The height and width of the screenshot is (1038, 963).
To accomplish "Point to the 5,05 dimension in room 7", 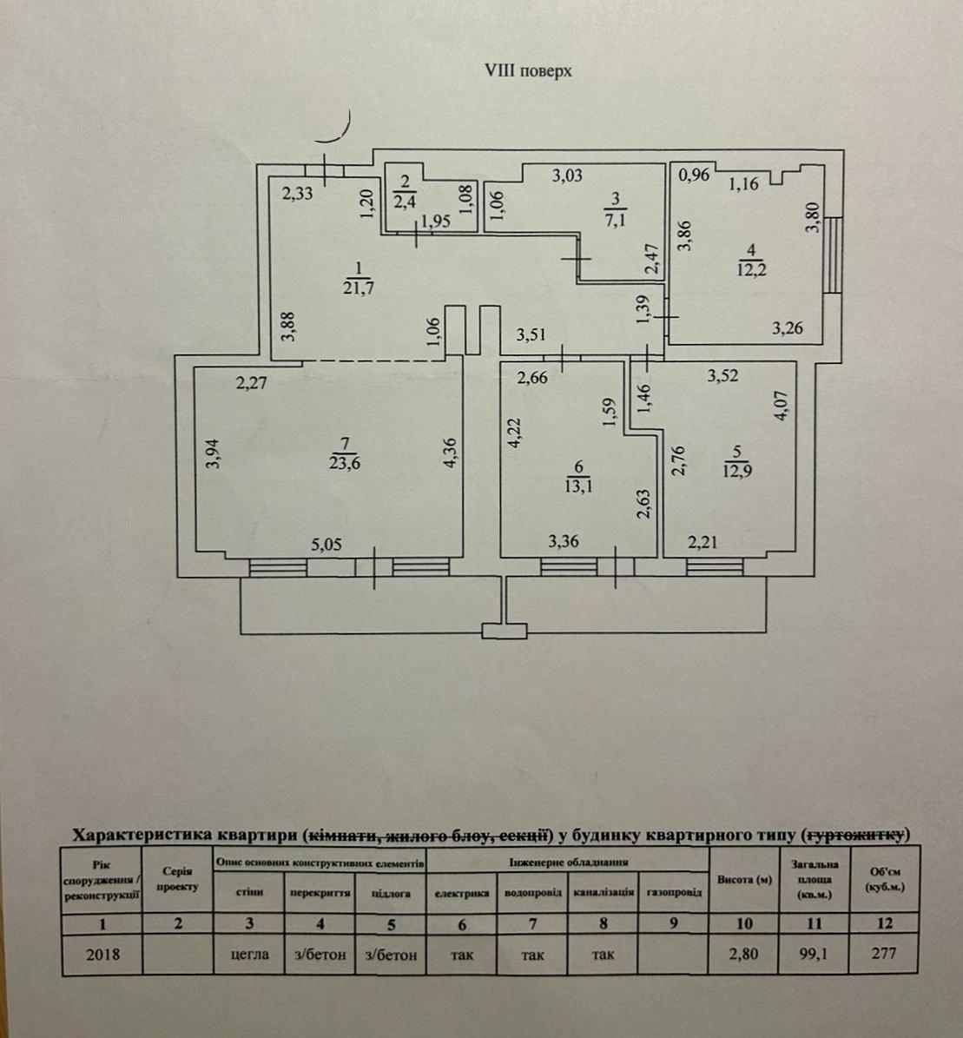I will tap(326, 546).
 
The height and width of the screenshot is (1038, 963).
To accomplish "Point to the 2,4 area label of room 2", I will tap(405, 203).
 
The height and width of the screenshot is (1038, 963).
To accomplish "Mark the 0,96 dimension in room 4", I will tap(695, 175).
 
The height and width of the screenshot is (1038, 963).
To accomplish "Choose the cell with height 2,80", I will tap(743, 954).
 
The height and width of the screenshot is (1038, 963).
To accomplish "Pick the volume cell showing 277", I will tap(884, 954).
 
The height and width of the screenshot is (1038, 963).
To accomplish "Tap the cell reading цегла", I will tap(248, 954).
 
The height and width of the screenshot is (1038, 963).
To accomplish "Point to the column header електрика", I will tap(461, 893).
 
